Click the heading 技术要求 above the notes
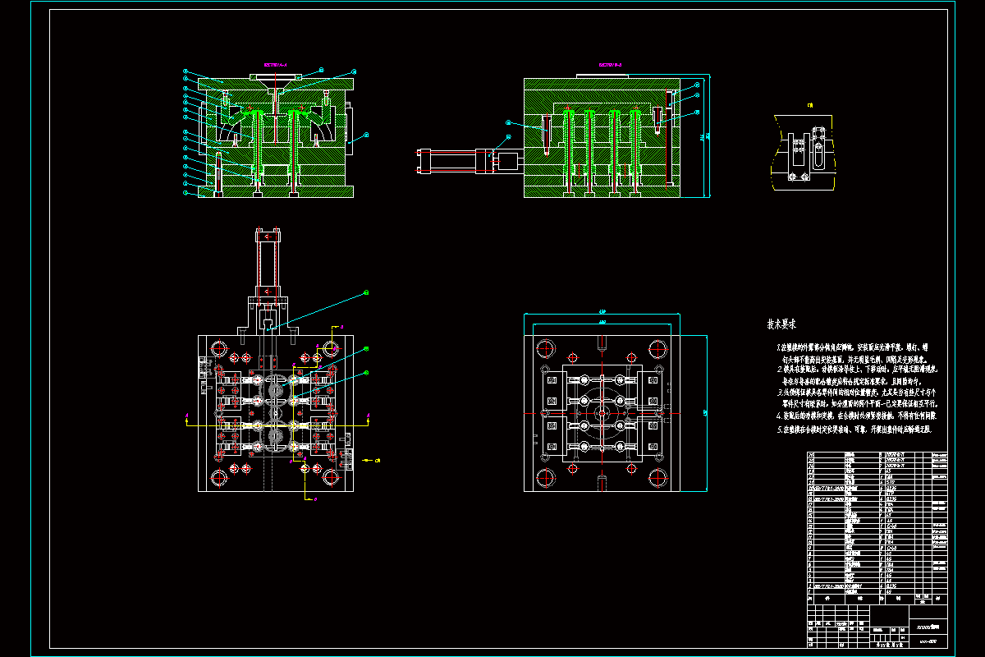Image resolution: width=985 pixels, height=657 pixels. (x=781, y=325)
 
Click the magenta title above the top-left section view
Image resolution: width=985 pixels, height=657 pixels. (x=275, y=63)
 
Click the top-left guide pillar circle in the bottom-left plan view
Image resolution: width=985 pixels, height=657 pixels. (x=219, y=347)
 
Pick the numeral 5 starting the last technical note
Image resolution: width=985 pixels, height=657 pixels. (x=779, y=430)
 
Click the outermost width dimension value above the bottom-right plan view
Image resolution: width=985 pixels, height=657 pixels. (x=602, y=312)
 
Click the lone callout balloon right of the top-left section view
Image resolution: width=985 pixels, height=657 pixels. (x=367, y=133)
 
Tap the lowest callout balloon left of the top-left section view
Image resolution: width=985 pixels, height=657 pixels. (x=186, y=194)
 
